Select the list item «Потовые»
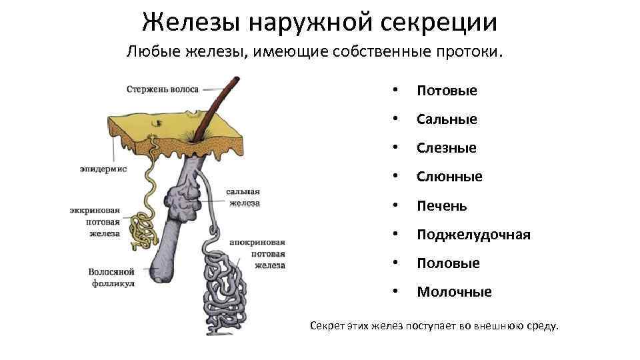[x=447, y=91]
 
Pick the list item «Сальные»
[x=447, y=119]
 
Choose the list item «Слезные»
[x=447, y=148]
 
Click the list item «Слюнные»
[x=449, y=177]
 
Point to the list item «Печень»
[x=442, y=206]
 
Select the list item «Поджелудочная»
[x=473, y=235]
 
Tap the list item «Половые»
[x=448, y=263]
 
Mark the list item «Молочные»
[x=454, y=292]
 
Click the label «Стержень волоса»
[x=163, y=89]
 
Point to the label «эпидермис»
[x=103, y=169]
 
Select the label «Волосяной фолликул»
[x=111, y=277]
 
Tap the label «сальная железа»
[x=244, y=197]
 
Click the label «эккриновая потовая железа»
[x=95, y=221]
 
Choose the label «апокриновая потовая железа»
[x=257, y=253]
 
